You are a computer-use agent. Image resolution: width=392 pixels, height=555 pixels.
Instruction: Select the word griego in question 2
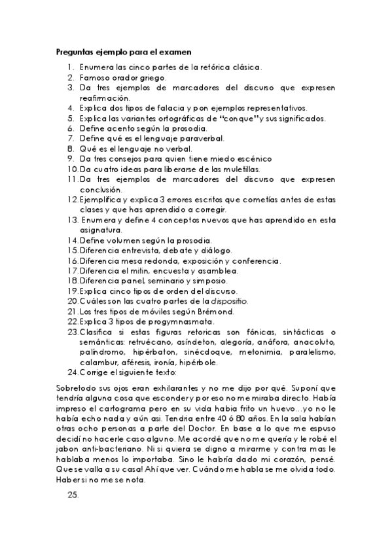[x=152, y=77]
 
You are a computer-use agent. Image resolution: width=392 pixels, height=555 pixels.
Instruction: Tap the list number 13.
[x=73, y=221]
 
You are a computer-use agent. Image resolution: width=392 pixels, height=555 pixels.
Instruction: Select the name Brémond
[x=215, y=312]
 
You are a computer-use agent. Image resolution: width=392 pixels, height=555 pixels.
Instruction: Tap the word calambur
[x=99, y=363]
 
